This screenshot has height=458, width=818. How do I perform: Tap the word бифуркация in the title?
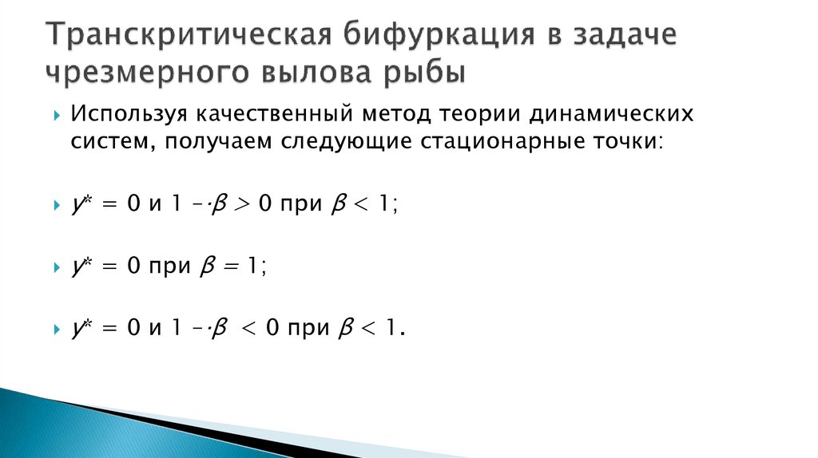[x=431, y=35]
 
